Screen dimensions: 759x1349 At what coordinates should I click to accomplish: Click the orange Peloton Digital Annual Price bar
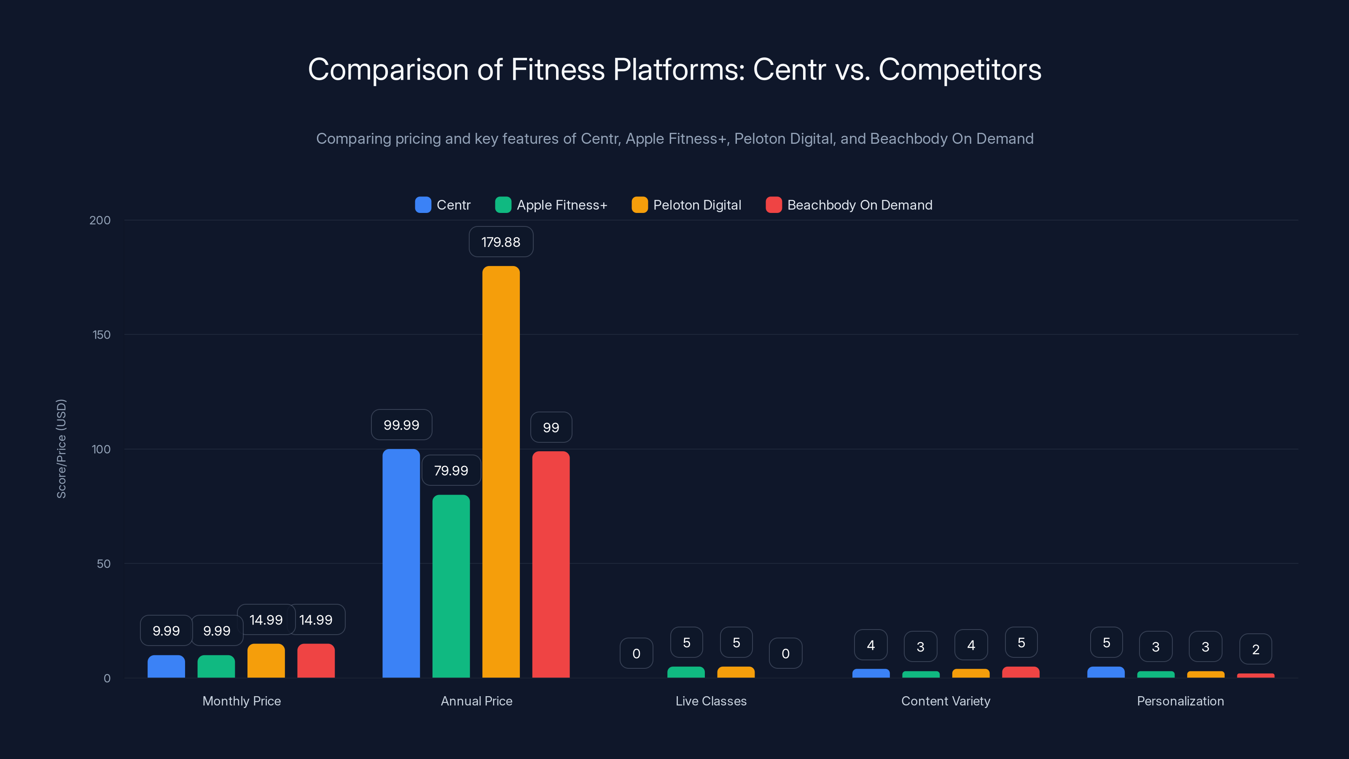(x=501, y=471)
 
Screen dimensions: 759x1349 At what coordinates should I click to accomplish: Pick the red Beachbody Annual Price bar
(x=551, y=564)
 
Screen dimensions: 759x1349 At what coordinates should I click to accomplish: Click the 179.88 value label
(x=501, y=242)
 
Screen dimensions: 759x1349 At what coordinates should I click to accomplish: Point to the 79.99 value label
(x=451, y=471)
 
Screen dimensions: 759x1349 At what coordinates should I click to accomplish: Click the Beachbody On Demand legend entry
(x=849, y=205)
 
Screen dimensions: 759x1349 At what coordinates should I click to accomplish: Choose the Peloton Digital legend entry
(x=687, y=205)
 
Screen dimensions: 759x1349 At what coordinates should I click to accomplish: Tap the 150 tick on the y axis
(x=102, y=335)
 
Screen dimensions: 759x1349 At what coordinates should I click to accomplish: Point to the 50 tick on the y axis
(x=104, y=564)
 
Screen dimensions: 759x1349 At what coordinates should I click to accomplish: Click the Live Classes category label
(x=711, y=701)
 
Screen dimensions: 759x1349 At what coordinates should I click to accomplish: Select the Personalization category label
(x=1180, y=701)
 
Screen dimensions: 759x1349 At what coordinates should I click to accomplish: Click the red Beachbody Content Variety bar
(x=1020, y=672)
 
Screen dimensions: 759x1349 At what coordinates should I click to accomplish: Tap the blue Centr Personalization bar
(x=1105, y=672)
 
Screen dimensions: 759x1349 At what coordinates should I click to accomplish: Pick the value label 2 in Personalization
(x=1255, y=649)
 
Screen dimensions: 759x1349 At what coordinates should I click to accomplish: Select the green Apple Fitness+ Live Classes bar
(x=685, y=672)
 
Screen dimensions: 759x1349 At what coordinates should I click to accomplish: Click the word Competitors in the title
(x=959, y=69)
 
